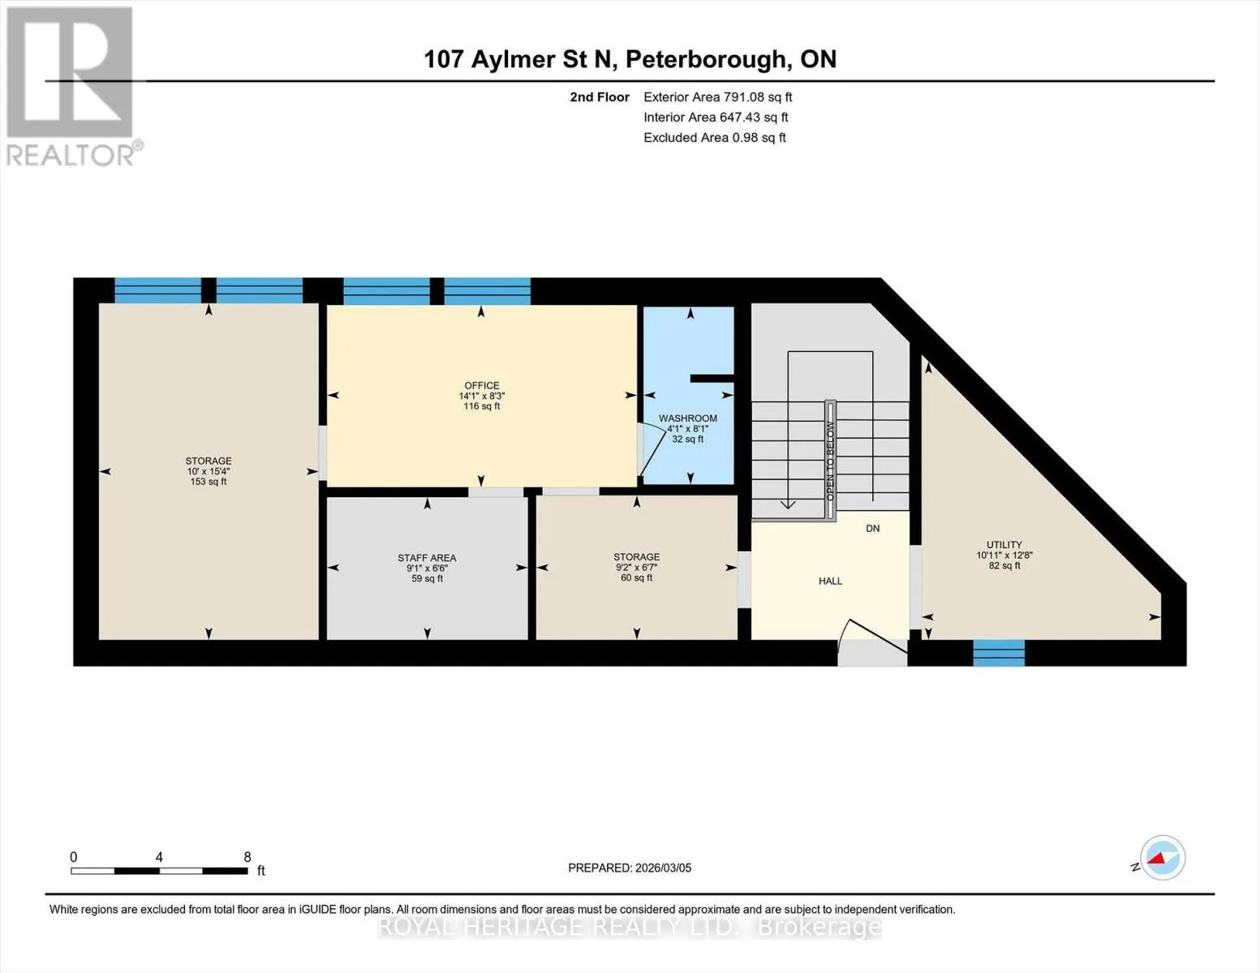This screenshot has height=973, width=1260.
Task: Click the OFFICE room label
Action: pos(481,385)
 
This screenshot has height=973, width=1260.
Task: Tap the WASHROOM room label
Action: pos(688,418)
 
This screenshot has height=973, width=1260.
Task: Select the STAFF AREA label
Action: pos(427,558)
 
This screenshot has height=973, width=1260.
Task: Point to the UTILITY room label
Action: pos(1004,545)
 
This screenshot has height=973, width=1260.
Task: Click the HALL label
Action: pos(830,581)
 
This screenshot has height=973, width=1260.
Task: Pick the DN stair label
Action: pos(873,529)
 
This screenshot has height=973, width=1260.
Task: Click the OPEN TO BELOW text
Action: pos(830,461)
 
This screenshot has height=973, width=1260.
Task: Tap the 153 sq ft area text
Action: pos(209,482)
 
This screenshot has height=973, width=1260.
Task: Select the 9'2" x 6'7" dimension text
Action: pos(637,568)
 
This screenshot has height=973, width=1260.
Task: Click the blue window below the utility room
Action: pos(999,653)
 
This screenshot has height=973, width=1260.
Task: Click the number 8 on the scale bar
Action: pos(247,857)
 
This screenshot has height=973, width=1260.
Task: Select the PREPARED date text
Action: pos(630,868)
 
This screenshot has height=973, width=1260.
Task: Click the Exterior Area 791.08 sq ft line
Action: pos(718,96)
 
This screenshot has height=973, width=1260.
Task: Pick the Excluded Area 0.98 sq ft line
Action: pos(715,137)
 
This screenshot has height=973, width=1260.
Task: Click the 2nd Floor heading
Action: pos(600,96)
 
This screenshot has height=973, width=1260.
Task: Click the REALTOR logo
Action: pos(72,87)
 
